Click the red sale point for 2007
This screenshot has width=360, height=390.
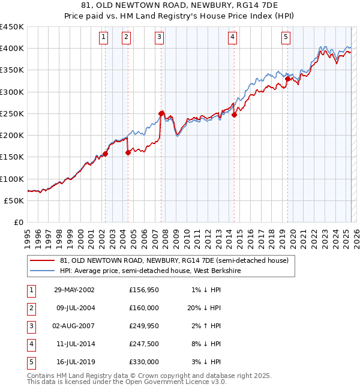[161, 113]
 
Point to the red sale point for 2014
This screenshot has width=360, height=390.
[234, 115]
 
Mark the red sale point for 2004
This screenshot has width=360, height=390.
[128, 153]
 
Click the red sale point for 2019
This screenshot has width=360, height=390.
[287, 79]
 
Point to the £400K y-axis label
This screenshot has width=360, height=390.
[11, 48]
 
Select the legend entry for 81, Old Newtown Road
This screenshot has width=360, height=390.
[174, 260]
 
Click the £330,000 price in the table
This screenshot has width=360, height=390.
[144, 362]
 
